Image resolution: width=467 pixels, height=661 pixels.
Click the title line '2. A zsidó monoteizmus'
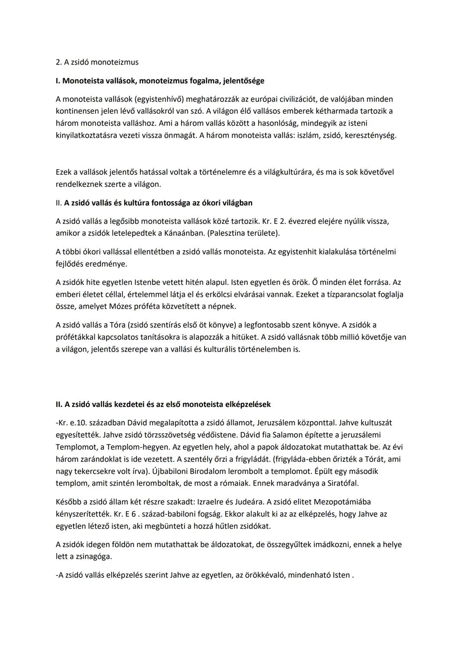pos(97,62)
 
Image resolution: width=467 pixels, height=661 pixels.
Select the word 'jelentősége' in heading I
pos(243,81)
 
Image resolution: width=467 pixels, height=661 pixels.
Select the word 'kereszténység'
pos(370,135)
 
